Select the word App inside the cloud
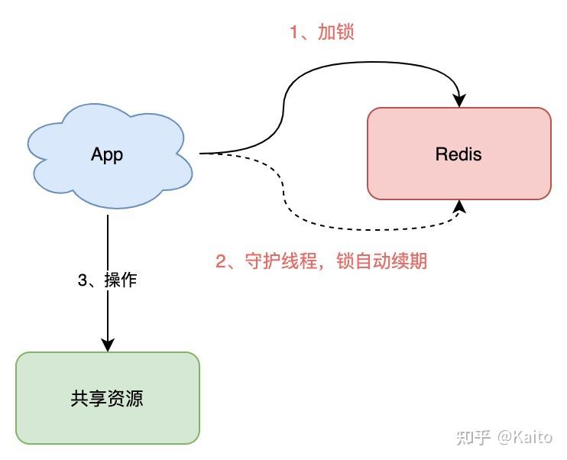(x=107, y=154)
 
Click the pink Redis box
(x=458, y=176)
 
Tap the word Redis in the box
(x=458, y=154)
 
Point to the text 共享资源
(x=107, y=398)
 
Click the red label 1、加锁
(x=321, y=32)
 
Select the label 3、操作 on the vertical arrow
(x=107, y=280)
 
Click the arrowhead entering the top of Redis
(x=459, y=100)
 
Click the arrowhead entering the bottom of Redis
(x=459, y=206)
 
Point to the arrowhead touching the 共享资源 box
(x=108, y=345)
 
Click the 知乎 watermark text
(x=474, y=437)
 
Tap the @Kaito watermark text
(x=525, y=437)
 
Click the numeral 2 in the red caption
(x=221, y=261)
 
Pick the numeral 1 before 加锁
(x=293, y=32)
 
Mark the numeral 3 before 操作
(x=82, y=280)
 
